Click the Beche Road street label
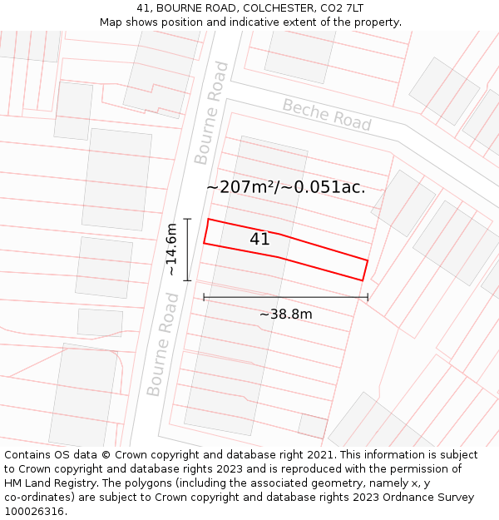[327, 115]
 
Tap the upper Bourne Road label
[210, 112]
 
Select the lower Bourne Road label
[163, 344]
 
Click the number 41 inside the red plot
[259, 240]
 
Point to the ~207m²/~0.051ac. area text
[285, 187]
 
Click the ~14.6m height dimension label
[170, 250]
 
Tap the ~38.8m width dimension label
[285, 314]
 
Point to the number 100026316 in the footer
[34, 512]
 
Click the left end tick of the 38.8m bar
[204, 297]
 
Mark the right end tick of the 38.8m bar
[368, 297]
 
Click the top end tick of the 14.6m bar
[188, 219]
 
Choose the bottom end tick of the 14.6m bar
[188, 280]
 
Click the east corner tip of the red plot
[368, 260]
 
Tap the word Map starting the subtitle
[111, 22]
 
